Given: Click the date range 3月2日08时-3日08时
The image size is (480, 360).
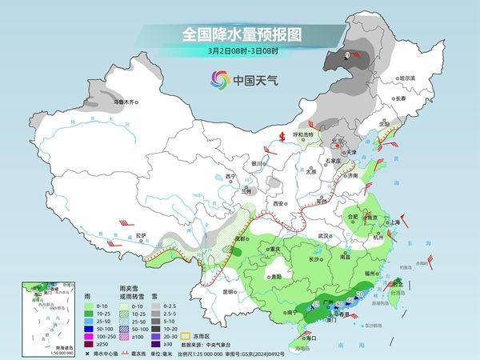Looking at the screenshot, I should coord(240,52).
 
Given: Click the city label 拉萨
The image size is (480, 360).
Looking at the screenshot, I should coord(141,235).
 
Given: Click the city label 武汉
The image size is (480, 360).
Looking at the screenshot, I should coord(324,236).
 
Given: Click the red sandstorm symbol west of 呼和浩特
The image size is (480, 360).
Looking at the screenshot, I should coord(282,135).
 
